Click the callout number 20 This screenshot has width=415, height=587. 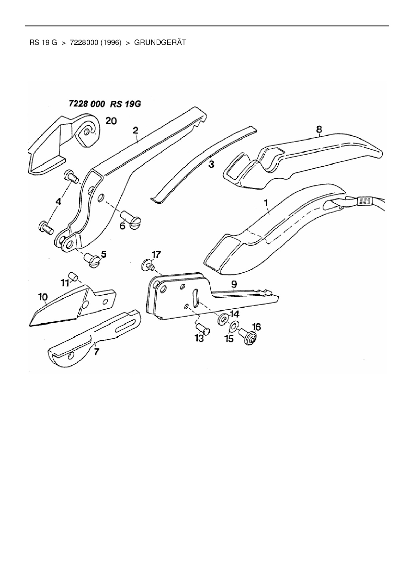tap(111, 120)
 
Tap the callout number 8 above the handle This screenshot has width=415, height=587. tap(319, 129)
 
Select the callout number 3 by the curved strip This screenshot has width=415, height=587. tap(211, 164)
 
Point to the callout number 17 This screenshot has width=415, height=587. tap(156, 255)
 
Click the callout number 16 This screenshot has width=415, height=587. tap(256, 326)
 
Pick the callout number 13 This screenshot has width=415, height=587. tap(199, 339)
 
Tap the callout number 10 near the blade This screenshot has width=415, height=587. tap(43, 297)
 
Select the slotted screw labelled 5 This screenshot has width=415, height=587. tap(93, 260)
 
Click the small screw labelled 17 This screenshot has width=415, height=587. tap(148, 265)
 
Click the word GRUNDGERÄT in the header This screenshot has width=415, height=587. tap(160, 43)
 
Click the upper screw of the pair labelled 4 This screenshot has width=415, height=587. tap(71, 176)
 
